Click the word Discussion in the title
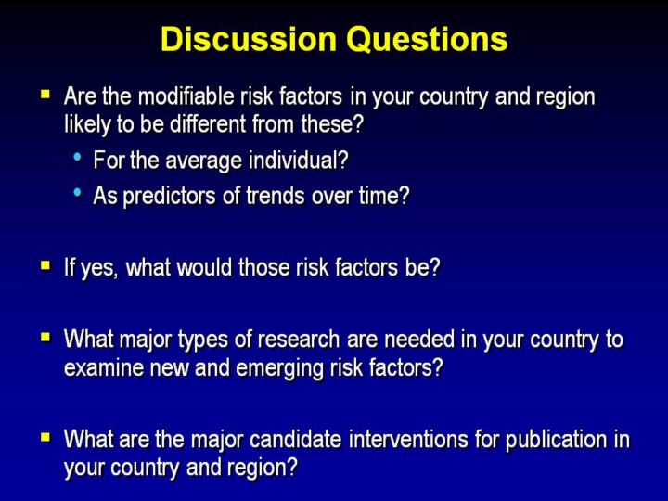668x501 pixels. pyautogui.click(x=249, y=39)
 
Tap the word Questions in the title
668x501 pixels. pyautogui.click(x=427, y=40)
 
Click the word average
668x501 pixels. pyautogui.click(x=203, y=161)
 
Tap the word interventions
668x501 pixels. pyautogui.click(x=408, y=439)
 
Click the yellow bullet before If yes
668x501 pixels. pyautogui.click(x=45, y=266)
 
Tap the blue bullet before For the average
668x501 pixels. pyautogui.click(x=77, y=157)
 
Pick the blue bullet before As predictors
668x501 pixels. pyautogui.click(x=77, y=193)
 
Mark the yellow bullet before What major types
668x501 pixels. pyautogui.click(x=45, y=338)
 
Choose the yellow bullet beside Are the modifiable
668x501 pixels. pyautogui.click(x=45, y=94)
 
